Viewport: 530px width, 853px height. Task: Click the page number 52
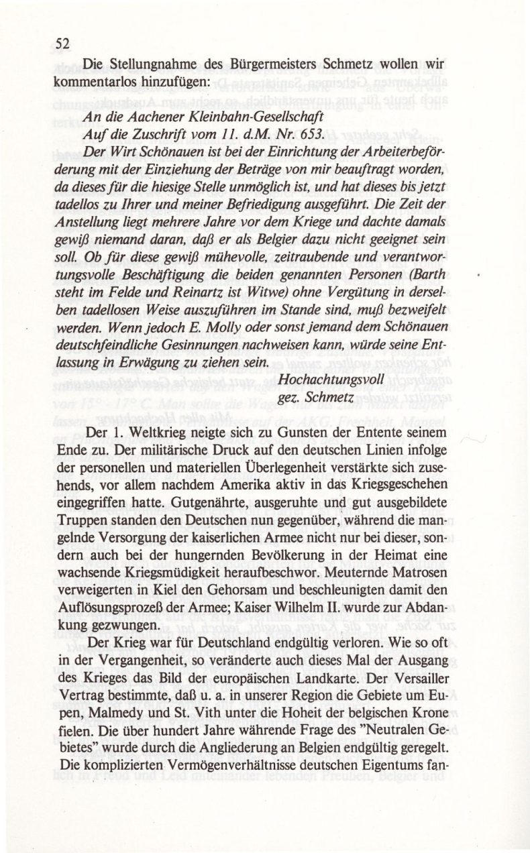(x=64, y=44)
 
